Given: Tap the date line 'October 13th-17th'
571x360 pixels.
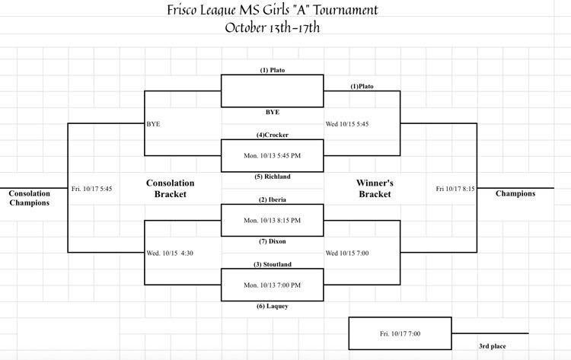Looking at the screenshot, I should tap(272, 27).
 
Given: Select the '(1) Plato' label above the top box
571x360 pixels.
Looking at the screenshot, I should tap(272, 70).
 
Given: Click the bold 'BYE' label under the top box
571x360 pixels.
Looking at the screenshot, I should tap(272, 112).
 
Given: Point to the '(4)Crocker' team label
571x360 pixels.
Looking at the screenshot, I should tap(272, 135).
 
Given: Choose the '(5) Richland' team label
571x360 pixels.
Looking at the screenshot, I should tap(272, 177).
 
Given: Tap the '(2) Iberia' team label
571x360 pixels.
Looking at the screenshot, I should tap(272, 199).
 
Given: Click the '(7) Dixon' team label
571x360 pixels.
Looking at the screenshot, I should tap(272, 241).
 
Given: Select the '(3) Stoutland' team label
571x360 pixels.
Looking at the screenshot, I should tap(272, 264).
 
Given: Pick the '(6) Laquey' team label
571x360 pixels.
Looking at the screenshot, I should tap(272, 306).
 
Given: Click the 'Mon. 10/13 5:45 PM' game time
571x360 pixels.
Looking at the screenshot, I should tap(272, 155).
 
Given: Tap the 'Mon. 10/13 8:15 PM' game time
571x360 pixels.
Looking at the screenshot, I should tap(272, 220).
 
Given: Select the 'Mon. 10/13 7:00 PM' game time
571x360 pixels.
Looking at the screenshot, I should tap(272, 285).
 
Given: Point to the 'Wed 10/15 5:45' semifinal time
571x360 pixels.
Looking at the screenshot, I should tap(347, 123).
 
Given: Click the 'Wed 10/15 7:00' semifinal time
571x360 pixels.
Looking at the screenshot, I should tap(347, 253).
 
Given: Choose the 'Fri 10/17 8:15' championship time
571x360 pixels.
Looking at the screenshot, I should tap(455, 188).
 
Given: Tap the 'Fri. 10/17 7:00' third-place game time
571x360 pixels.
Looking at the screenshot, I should tap(400, 333).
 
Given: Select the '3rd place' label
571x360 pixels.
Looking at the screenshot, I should tap(493, 346).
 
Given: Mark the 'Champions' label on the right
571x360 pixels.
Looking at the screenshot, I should tap(515, 193).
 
